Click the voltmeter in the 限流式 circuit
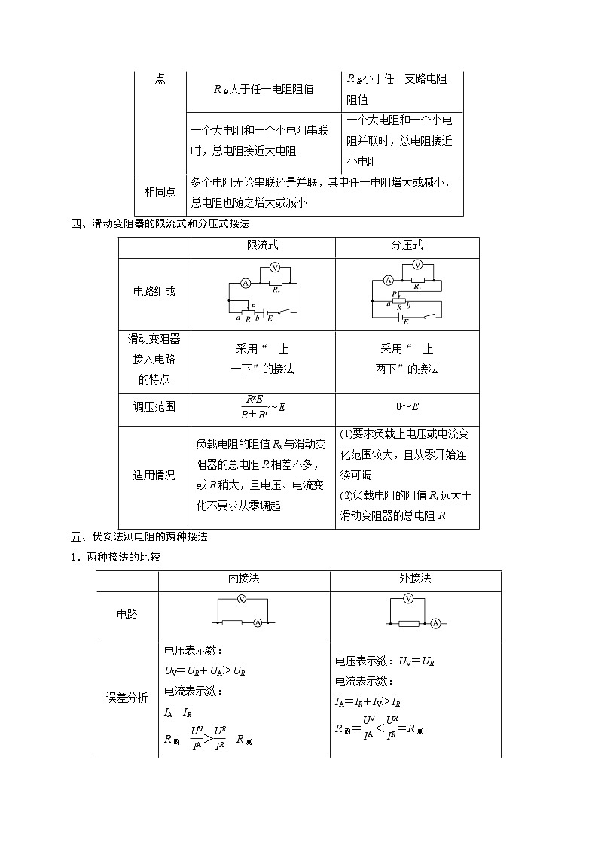275,268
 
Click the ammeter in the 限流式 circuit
246,284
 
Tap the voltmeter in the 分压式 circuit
418,265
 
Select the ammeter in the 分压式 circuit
389,280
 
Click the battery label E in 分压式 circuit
406,321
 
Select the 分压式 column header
407,246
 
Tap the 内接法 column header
243,579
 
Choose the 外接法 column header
415,579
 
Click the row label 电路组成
154,291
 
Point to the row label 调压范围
154,406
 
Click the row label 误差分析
127,698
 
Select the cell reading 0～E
407,407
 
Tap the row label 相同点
160,191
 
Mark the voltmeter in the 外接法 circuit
408,599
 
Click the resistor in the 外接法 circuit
408,623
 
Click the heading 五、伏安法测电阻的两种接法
139,537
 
